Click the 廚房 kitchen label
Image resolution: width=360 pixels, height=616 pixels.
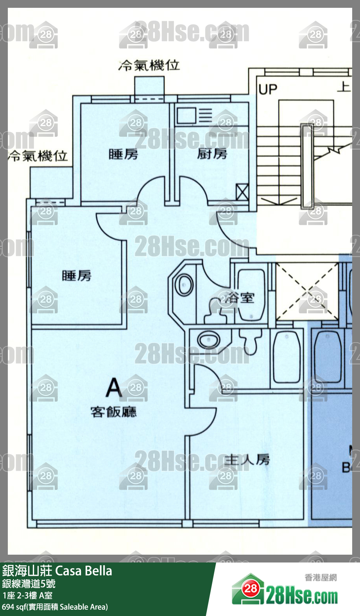[212, 154]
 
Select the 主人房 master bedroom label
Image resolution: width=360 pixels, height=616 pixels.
[247, 460]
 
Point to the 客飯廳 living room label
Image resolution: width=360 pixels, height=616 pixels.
[113, 412]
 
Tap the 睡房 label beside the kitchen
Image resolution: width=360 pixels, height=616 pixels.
[123, 154]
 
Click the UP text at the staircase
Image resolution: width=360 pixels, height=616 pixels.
[268, 89]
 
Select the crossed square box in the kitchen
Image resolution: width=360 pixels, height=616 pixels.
[242, 192]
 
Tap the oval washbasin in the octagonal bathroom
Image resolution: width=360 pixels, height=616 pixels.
[184, 285]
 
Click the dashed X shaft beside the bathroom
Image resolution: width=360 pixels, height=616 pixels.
[307, 291]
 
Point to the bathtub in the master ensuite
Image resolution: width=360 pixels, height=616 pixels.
[287, 356]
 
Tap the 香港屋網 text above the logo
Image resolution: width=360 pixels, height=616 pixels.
[321, 577]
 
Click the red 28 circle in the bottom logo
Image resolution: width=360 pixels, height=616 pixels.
[251, 588]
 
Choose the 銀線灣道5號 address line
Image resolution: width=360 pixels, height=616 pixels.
[29, 584]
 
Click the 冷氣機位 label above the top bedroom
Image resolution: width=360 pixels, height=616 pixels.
[149, 65]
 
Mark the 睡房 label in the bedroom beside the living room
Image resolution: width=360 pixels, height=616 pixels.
[77, 276]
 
